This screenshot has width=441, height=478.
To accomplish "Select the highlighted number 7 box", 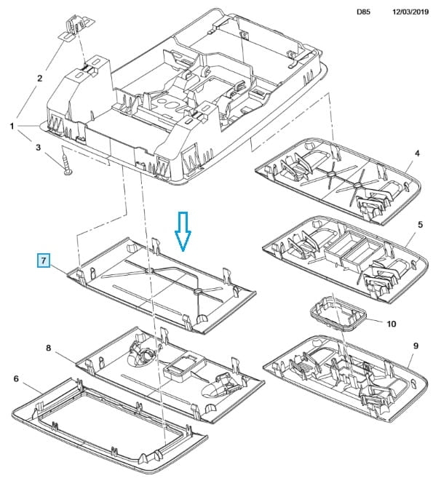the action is pos(44,260).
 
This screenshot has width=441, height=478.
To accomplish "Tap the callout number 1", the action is pos(12,126).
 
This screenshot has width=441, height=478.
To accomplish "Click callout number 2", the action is pos(39,79).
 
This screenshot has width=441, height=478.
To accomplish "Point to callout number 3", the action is pos(38,148).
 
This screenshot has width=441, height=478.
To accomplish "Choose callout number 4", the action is pos(417,154).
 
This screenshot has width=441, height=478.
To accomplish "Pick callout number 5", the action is pos(421,225).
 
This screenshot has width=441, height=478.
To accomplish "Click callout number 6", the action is pos(16,378).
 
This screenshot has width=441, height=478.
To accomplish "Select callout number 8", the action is pos(49,348).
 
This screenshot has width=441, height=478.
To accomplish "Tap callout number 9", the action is pos(416,346).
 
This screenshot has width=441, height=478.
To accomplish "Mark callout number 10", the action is pos(392,324).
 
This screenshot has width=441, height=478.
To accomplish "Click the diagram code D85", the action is pos(363,12).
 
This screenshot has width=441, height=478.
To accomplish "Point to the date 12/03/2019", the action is pos(410,12).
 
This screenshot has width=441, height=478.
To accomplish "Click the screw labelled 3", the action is pos(66,164).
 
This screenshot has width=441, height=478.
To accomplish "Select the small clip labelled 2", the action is pos(76,28).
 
